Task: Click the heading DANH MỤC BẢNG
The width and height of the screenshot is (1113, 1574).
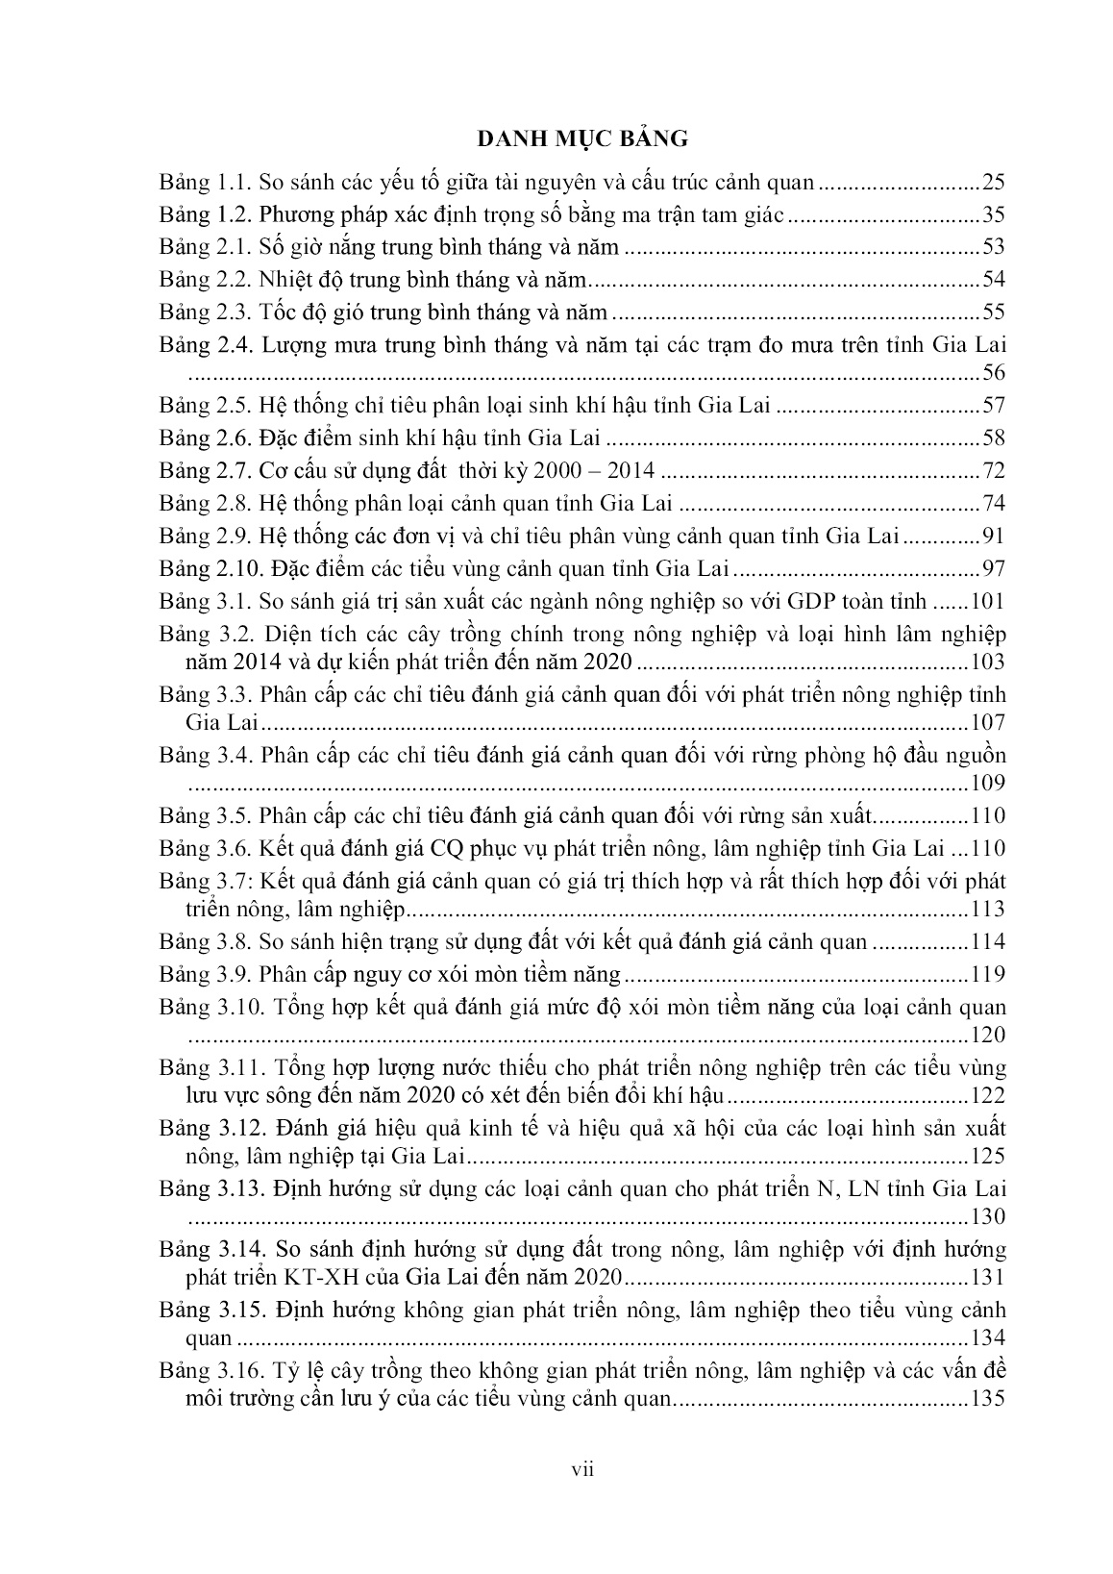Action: pyautogui.click(x=582, y=139)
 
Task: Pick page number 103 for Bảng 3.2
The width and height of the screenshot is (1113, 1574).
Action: pyautogui.click(x=986, y=662)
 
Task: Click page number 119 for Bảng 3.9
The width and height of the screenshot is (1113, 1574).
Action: pyautogui.click(x=986, y=974)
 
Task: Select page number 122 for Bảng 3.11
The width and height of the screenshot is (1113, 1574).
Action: pyautogui.click(x=986, y=1096)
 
